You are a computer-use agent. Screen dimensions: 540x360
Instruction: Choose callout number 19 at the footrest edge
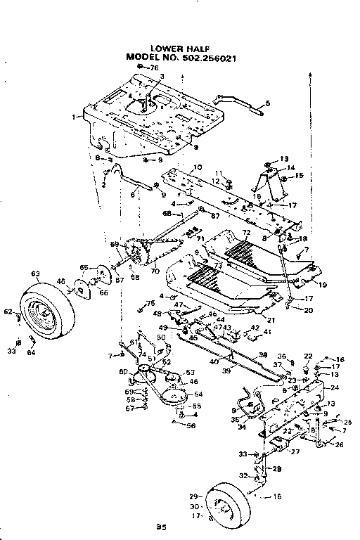click(x=323, y=285)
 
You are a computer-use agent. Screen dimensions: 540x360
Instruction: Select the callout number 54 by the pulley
click(x=198, y=395)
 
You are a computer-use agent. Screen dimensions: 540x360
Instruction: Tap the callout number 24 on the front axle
click(x=334, y=387)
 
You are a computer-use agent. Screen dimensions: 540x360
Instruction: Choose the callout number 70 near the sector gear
click(x=154, y=269)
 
